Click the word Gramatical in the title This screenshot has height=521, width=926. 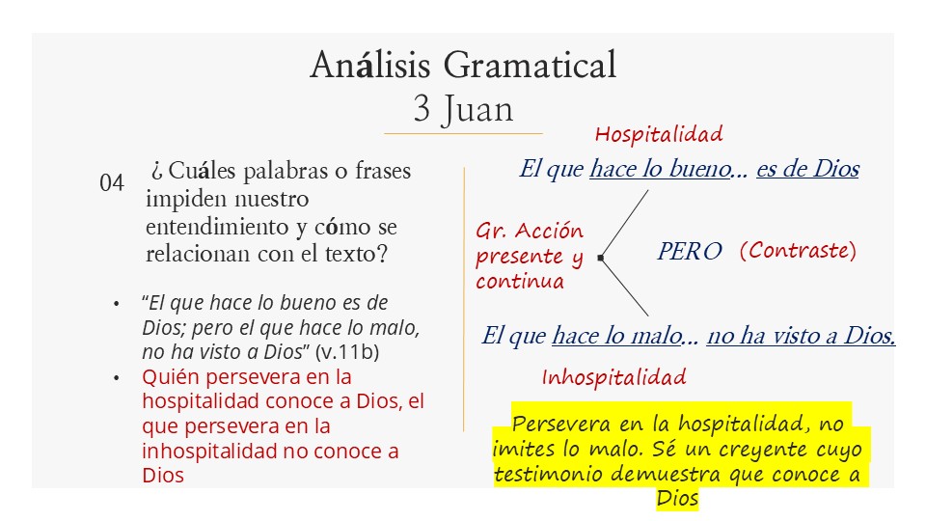coord(530,65)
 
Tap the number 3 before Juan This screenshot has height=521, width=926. coord(422,109)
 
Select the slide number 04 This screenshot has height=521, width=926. coord(112,183)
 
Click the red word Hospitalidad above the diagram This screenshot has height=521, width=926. coord(659,134)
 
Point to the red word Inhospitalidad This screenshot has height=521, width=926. coord(613,377)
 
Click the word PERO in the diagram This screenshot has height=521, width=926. coord(689,251)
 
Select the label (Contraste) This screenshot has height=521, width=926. coord(798,251)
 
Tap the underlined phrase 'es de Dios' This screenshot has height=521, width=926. coord(807,169)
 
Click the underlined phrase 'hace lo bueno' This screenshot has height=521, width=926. coord(660,169)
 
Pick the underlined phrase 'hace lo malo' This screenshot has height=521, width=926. coord(616,336)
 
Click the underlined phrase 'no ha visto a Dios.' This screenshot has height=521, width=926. coord(801,336)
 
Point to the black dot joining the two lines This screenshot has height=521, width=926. coord(600,258)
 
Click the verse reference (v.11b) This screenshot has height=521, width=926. coord(347,352)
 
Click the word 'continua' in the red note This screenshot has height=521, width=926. coord(520,281)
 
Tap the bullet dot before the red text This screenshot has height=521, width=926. coord(117,378)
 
